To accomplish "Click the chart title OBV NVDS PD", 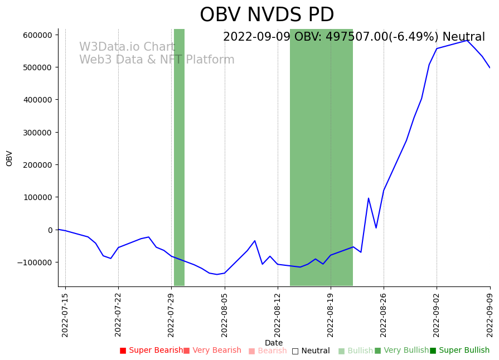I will click(x=267, y=15).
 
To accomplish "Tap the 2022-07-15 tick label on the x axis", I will click(x=65, y=315).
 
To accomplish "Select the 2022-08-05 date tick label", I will click(x=225, y=315).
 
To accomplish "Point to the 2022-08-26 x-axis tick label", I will click(x=384, y=315).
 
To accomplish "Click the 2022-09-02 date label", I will click(x=437, y=315).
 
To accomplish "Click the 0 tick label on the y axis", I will click(x=50, y=230).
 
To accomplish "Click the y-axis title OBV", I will click(x=9, y=158).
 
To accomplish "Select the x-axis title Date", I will click(x=274, y=343).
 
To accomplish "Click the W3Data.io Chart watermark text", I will click(x=127, y=47).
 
